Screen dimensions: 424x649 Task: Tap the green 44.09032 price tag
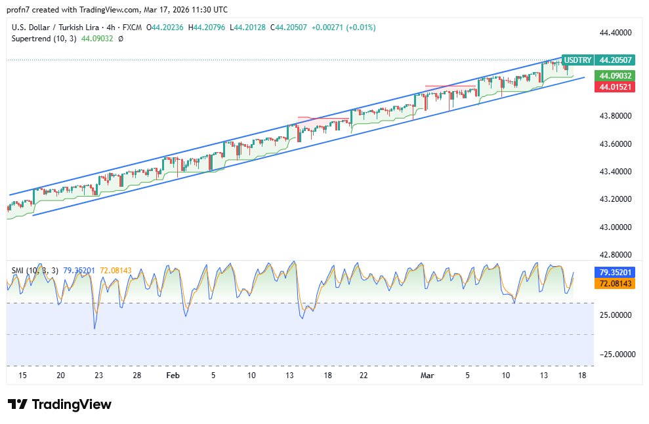[615, 75]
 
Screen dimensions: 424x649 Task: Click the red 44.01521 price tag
[615, 87]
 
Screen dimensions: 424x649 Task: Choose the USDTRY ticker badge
[577, 60]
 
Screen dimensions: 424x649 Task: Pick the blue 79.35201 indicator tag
[615, 272]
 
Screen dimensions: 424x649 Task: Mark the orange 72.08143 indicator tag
[615, 283]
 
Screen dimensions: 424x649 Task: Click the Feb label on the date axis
[173, 376]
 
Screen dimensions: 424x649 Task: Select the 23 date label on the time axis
[98, 376]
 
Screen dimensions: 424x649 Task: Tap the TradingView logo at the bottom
[60, 404]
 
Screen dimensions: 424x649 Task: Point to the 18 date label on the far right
[582, 376]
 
